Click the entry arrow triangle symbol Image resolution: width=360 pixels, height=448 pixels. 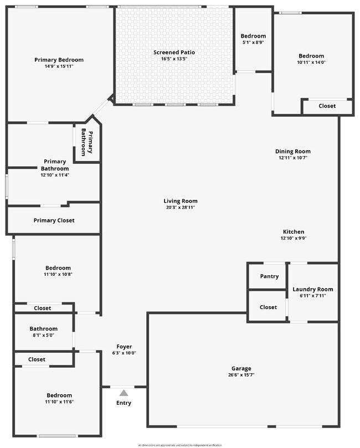pos(124,392)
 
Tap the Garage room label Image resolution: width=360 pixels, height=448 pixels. pos(241,368)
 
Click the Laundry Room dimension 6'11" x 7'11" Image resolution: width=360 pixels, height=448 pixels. pos(313,295)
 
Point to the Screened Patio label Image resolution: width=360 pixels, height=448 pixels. pos(174,53)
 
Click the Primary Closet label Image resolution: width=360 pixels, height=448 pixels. pos(54,220)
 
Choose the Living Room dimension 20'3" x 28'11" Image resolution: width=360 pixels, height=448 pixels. pos(180,207)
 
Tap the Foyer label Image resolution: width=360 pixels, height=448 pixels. pos(124,347)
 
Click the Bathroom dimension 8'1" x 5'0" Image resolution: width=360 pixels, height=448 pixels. pos(43,335)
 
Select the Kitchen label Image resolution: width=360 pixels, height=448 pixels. pos(294,232)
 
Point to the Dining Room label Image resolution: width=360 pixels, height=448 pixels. pos(293,151)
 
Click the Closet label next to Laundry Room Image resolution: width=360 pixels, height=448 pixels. pos(268,307)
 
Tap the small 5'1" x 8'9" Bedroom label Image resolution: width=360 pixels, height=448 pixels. pos(253,42)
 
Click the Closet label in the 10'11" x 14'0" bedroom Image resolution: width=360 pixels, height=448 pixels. pos(327,106)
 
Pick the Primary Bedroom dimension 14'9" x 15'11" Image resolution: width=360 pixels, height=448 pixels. pos(59,66)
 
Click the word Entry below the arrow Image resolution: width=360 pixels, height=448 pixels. pos(124,403)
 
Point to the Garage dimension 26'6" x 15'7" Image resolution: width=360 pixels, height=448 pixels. pos(241,375)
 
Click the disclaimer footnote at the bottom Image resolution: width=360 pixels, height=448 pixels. pos(179,445)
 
